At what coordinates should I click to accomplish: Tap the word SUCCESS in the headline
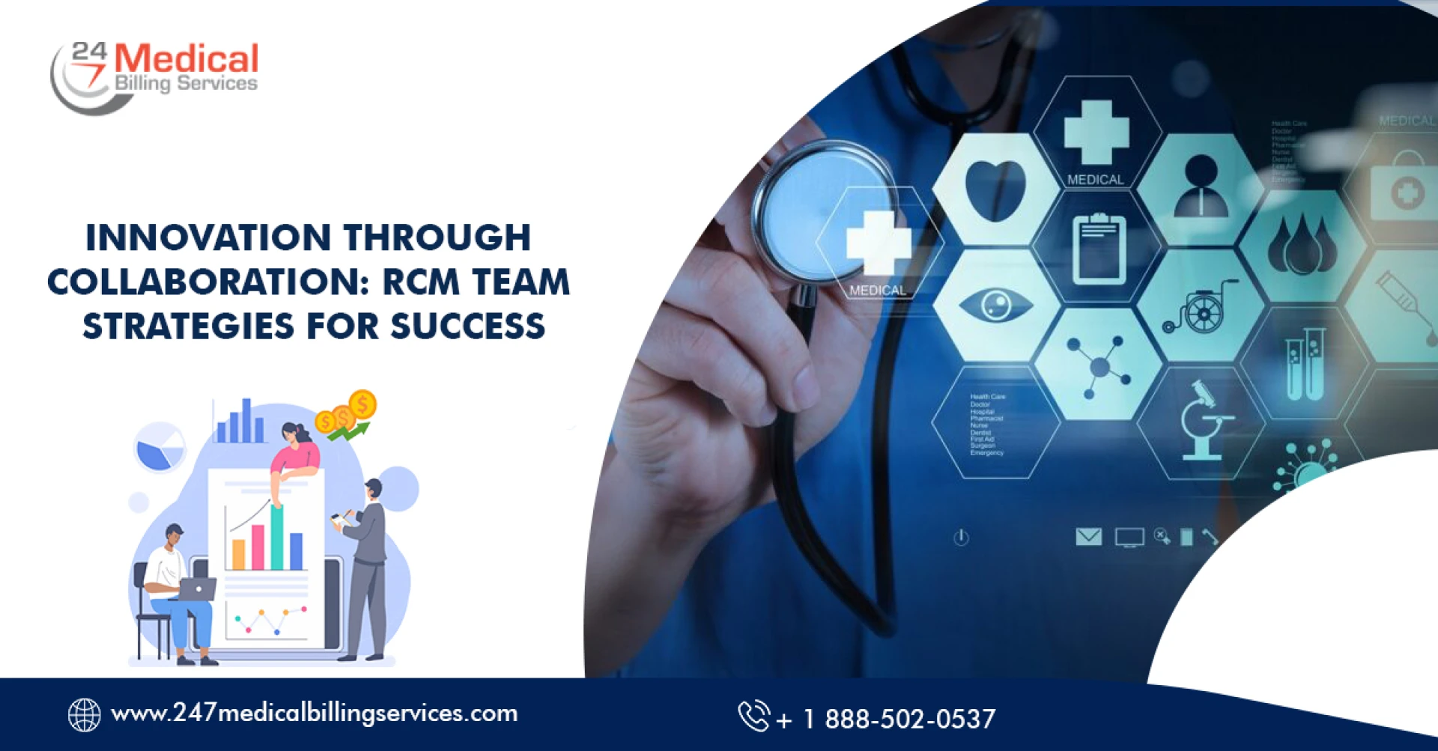coord(467,326)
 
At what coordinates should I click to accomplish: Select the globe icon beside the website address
coord(84,714)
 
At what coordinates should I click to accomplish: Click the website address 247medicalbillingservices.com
coord(315,713)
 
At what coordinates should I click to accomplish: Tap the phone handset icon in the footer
coord(753,715)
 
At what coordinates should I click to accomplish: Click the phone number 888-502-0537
coord(909,719)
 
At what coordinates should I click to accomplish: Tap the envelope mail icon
coord(1088,536)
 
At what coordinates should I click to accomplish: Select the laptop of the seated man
coord(196,589)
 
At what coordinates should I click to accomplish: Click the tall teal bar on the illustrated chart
coord(277,538)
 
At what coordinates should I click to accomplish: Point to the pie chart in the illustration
coord(160,448)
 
